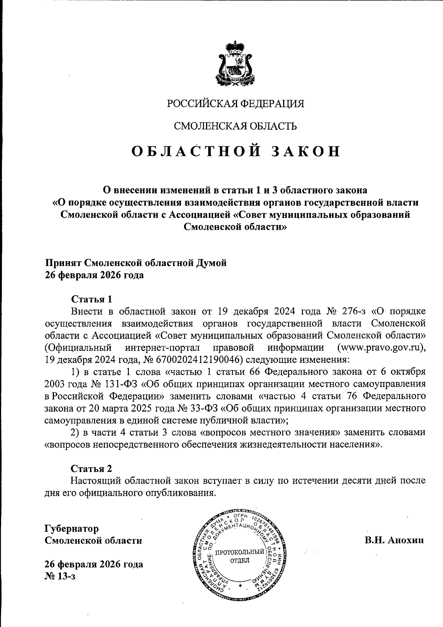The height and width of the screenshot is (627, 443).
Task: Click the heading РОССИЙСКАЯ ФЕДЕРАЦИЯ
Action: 236,104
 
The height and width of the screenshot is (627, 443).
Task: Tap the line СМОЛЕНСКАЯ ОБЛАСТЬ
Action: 236,126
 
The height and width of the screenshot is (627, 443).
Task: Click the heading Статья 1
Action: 91,299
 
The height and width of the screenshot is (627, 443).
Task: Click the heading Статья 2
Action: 91,468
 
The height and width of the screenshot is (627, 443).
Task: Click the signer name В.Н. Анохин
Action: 394,540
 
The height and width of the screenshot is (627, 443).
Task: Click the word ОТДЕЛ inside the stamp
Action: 240,560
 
